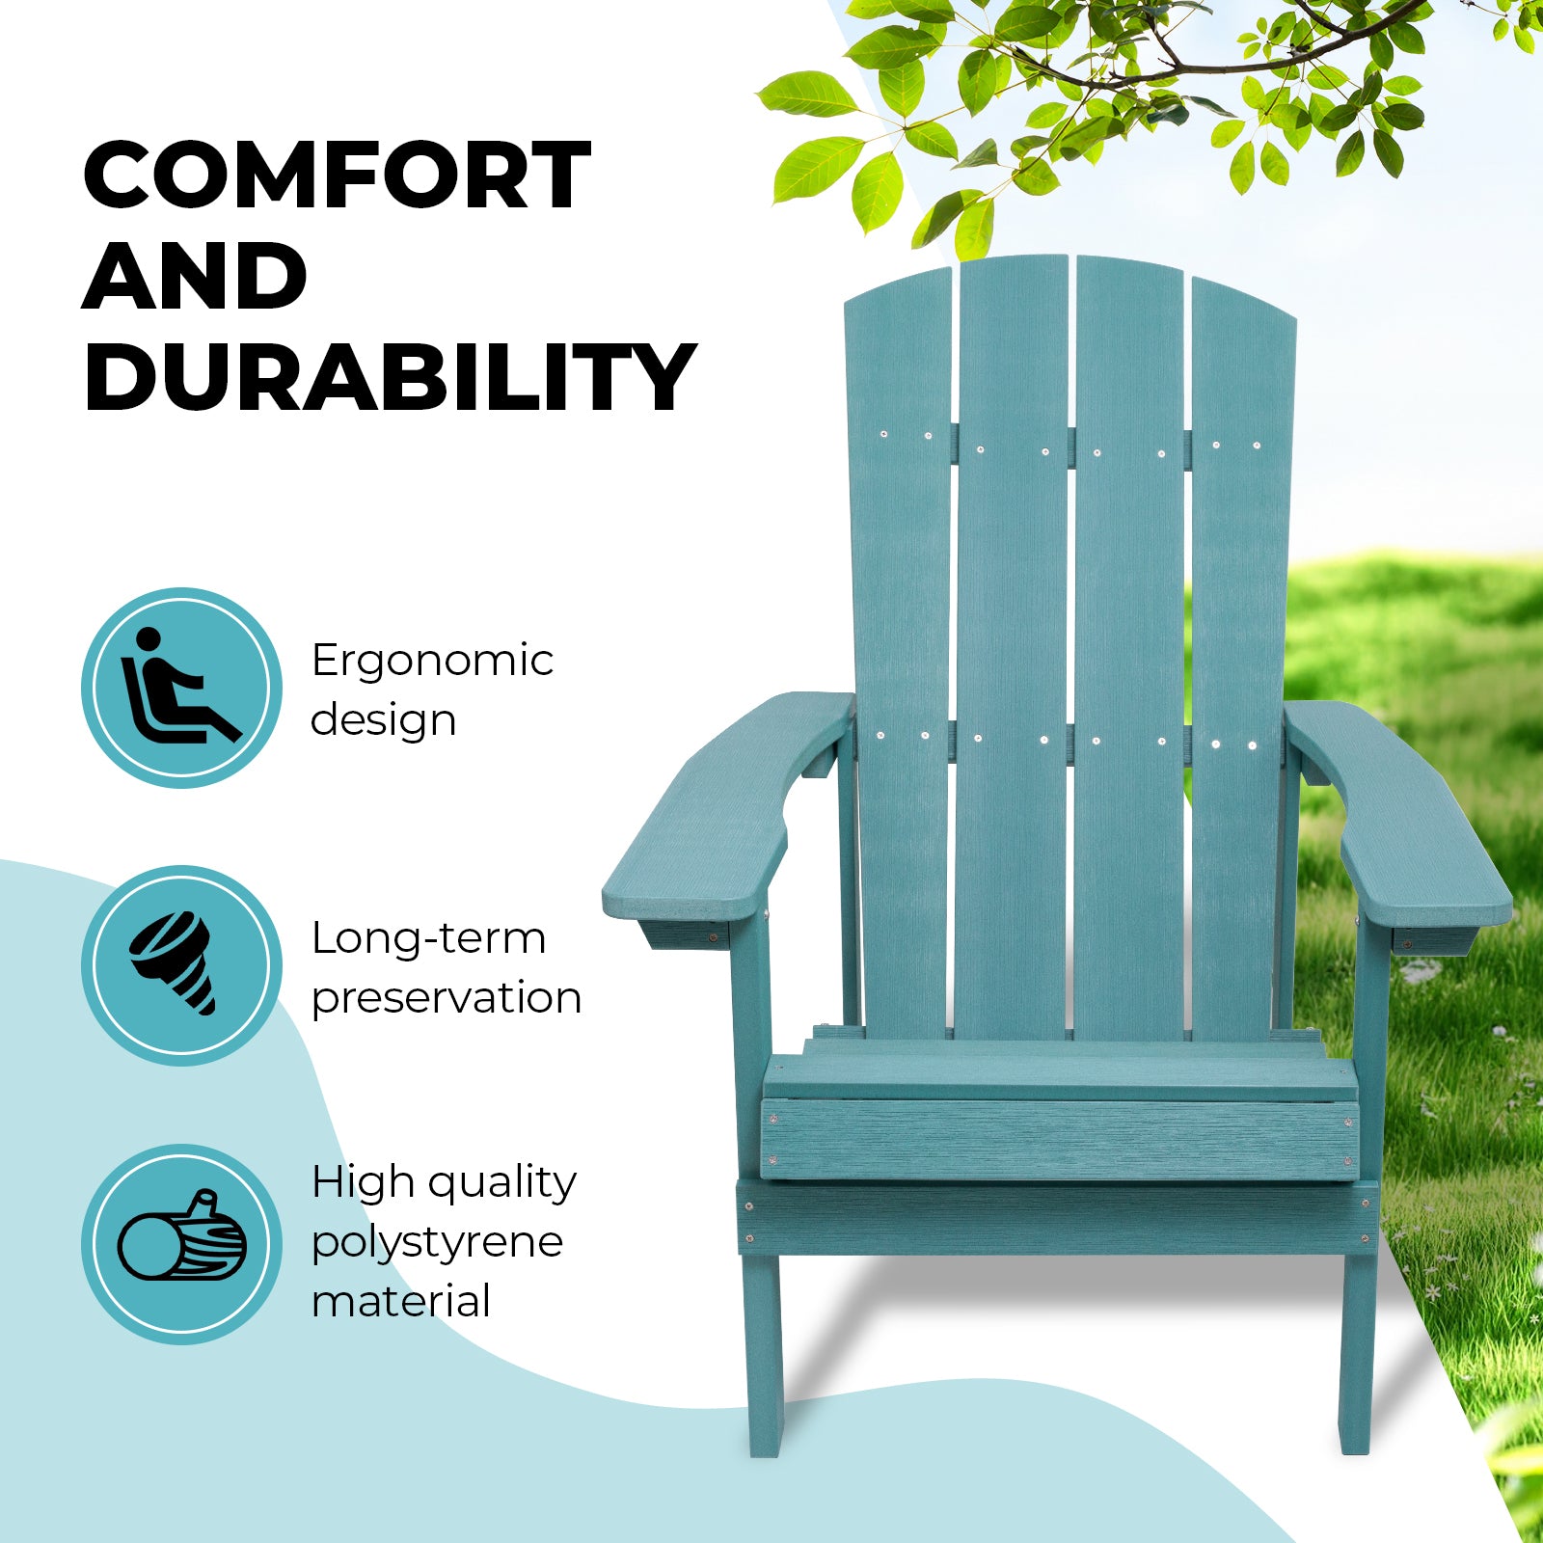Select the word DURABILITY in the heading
coord(390,377)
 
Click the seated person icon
coord(180,688)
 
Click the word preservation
coord(447,998)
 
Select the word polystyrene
coord(437,1242)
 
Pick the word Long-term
coord(428,938)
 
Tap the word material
coord(401,1301)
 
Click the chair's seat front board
coord(1059,1138)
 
